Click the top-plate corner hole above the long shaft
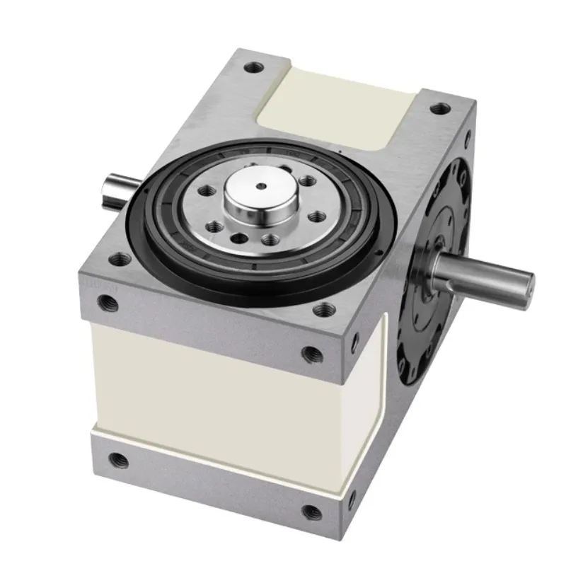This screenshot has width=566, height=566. (x=440, y=109)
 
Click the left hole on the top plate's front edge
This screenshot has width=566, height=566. (x=108, y=304)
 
